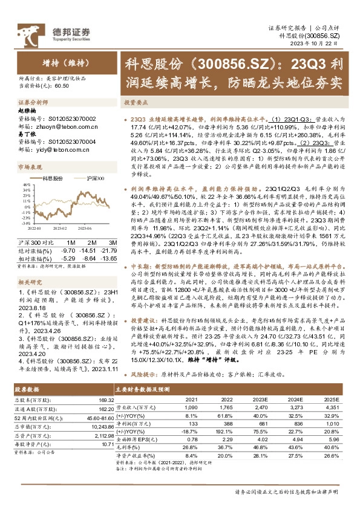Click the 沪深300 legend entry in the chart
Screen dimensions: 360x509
coord(94,178)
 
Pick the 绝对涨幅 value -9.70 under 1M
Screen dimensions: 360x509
coord(68,250)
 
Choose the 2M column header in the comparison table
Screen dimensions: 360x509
coord(89,242)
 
